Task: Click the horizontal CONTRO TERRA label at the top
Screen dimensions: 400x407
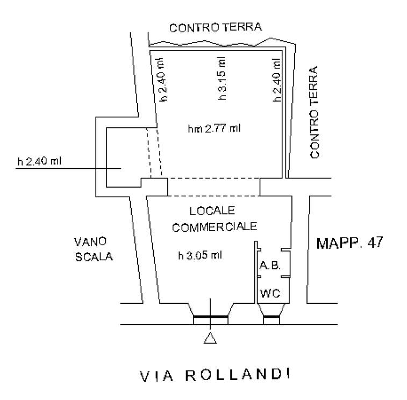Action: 215,27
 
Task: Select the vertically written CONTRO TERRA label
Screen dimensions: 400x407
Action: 314,112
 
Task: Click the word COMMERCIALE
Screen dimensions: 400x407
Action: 215,227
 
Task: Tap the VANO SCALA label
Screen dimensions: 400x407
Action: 94,249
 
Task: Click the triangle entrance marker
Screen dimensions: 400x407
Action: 211,338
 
